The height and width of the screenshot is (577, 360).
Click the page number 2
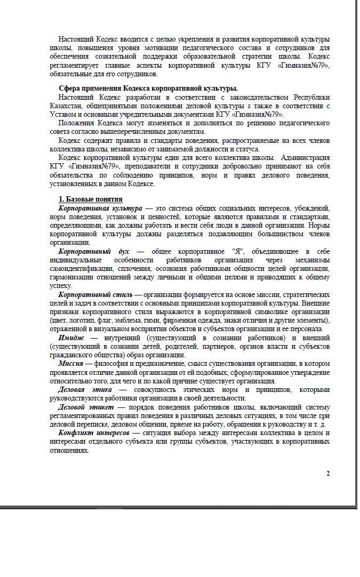pos(329,474)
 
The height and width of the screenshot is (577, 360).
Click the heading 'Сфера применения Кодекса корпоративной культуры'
pos(148,89)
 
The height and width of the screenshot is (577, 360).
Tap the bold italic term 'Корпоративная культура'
pos(100,207)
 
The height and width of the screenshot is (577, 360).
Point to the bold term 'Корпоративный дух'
pos(93,251)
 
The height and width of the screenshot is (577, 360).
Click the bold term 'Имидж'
pos(70,338)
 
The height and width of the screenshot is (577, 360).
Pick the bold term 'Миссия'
pos(71,364)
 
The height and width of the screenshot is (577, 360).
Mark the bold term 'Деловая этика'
pos(85,389)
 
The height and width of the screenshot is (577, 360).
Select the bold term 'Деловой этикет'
pos(86,407)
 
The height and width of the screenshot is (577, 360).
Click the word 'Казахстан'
pos(66,106)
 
